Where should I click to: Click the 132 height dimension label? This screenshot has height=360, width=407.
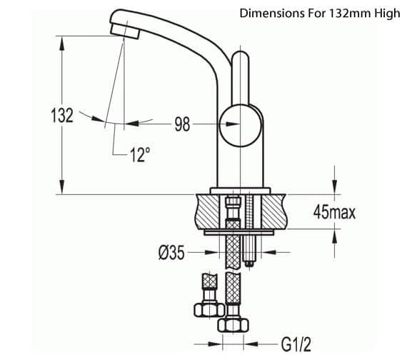62,116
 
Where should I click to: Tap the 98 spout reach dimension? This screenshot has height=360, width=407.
182,125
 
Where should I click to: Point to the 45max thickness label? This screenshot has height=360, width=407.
333,212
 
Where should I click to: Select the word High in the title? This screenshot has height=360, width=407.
383,13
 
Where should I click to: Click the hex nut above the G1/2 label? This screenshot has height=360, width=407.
232,325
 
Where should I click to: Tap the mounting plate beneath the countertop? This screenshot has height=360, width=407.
239,232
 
